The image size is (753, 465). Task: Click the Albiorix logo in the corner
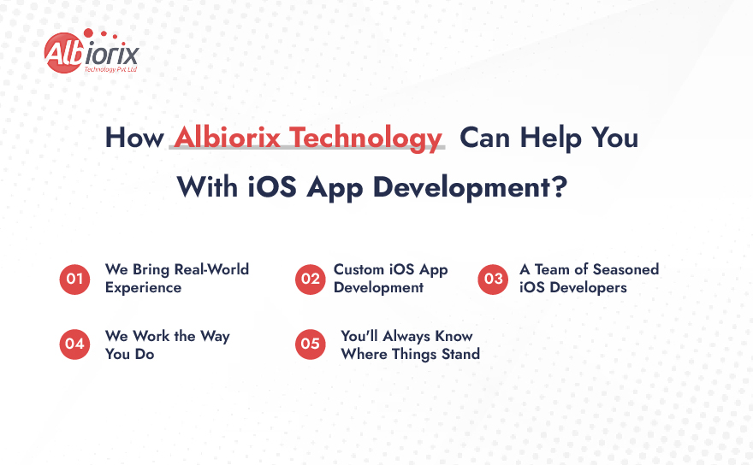(92, 51)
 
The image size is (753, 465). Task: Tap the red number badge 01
(74, 280)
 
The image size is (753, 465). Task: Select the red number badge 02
(311, 280)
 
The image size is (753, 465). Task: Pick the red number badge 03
(493, 280)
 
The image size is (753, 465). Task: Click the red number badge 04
(74, 344)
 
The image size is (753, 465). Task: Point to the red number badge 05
(311, 344)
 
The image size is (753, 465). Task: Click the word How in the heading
(134, 138)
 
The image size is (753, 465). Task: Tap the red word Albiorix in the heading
(227, 138)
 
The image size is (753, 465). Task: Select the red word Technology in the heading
(365, 138)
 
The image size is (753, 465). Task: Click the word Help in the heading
(550, 138)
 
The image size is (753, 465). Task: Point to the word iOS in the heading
(272, 186)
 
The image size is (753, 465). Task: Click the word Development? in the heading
(470, 187)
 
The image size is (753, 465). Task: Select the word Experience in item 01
(143, 288)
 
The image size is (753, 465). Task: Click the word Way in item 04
(215, 337)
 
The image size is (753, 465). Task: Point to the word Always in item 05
(406, 337)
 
